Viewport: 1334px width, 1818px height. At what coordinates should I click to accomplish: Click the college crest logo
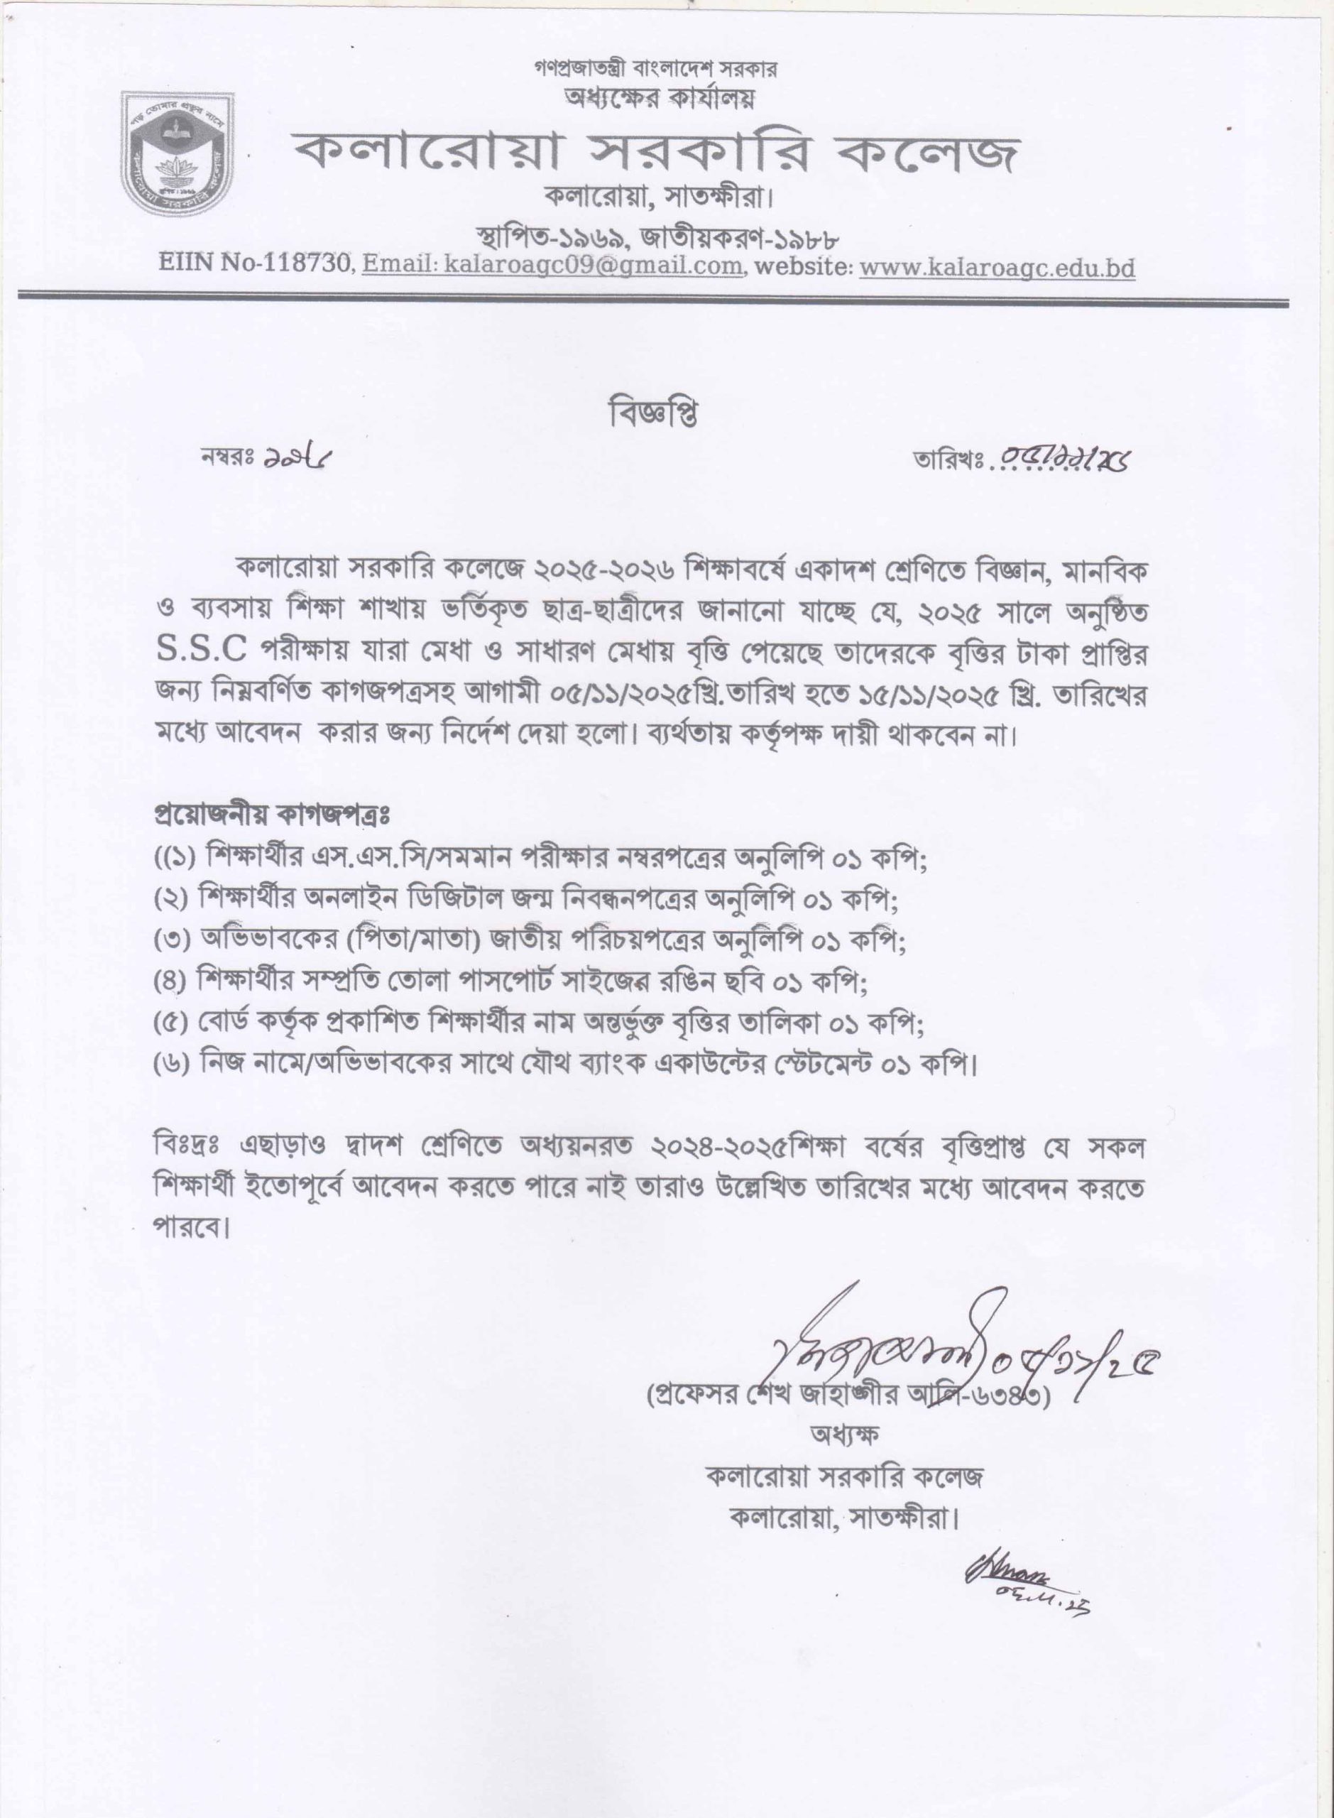(178, 153)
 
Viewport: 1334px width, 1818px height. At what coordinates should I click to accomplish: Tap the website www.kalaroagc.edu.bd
(997, 267)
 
